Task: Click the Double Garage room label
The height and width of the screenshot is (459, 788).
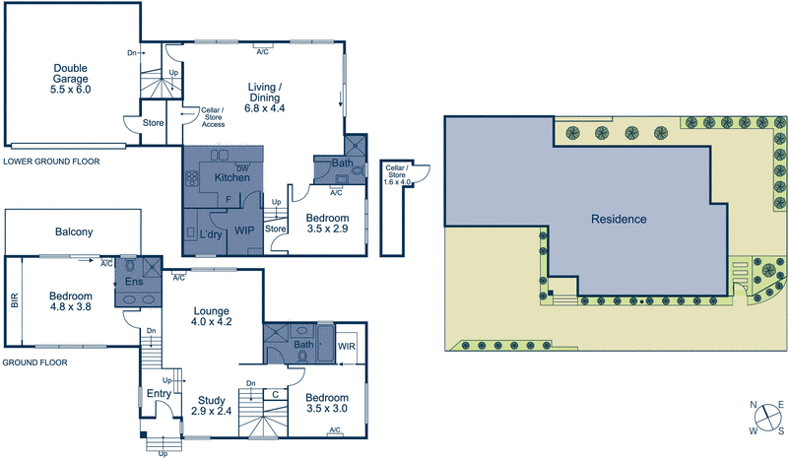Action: (x=70, y=78)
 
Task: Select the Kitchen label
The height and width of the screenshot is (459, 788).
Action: (x=231, y=177)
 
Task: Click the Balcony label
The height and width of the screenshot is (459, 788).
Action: (x=73, y=232)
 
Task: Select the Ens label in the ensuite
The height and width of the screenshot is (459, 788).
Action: (x=134, y=282)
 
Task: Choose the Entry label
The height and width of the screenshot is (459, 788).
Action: (x=158, y=393)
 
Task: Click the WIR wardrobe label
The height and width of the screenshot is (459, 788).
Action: (x=346, y=347)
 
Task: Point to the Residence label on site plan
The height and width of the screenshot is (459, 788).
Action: (x=619, y=219)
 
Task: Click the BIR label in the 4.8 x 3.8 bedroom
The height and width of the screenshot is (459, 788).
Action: (x=14, y=302)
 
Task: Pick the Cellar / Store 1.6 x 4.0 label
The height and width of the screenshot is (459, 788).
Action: (x=398, y=173)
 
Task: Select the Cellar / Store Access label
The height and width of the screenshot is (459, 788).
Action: (x=213, y=117)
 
